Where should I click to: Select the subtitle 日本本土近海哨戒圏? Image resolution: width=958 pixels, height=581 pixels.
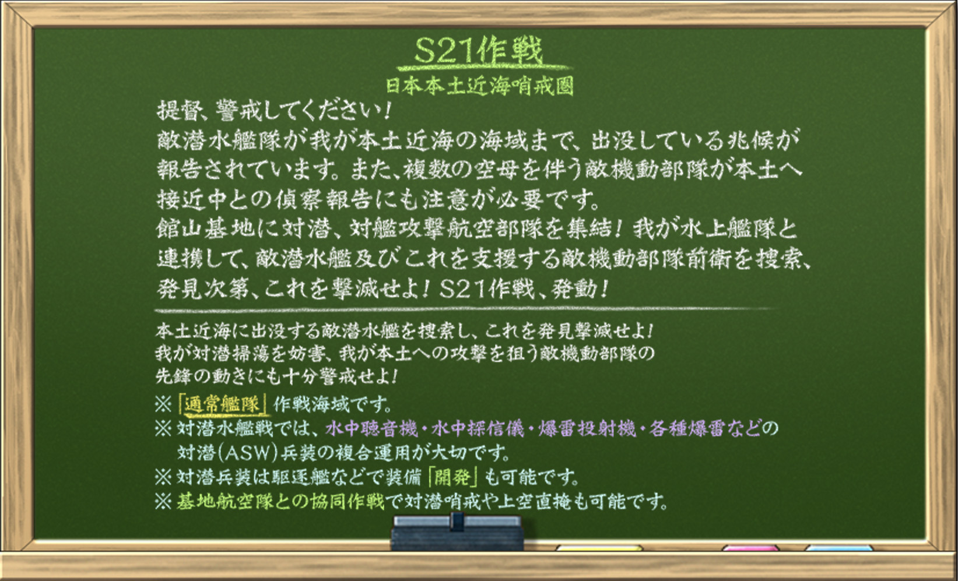coord(479,86)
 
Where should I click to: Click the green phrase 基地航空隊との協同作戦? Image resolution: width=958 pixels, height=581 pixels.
coord(280,502)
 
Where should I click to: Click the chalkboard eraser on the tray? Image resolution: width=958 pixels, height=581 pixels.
coord(457,533)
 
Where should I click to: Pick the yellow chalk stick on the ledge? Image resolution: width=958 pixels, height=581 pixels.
coord(599,548)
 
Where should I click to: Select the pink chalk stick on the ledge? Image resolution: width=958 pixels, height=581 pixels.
coord(750,548)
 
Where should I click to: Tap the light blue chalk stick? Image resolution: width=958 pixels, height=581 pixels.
coord(839,548)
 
